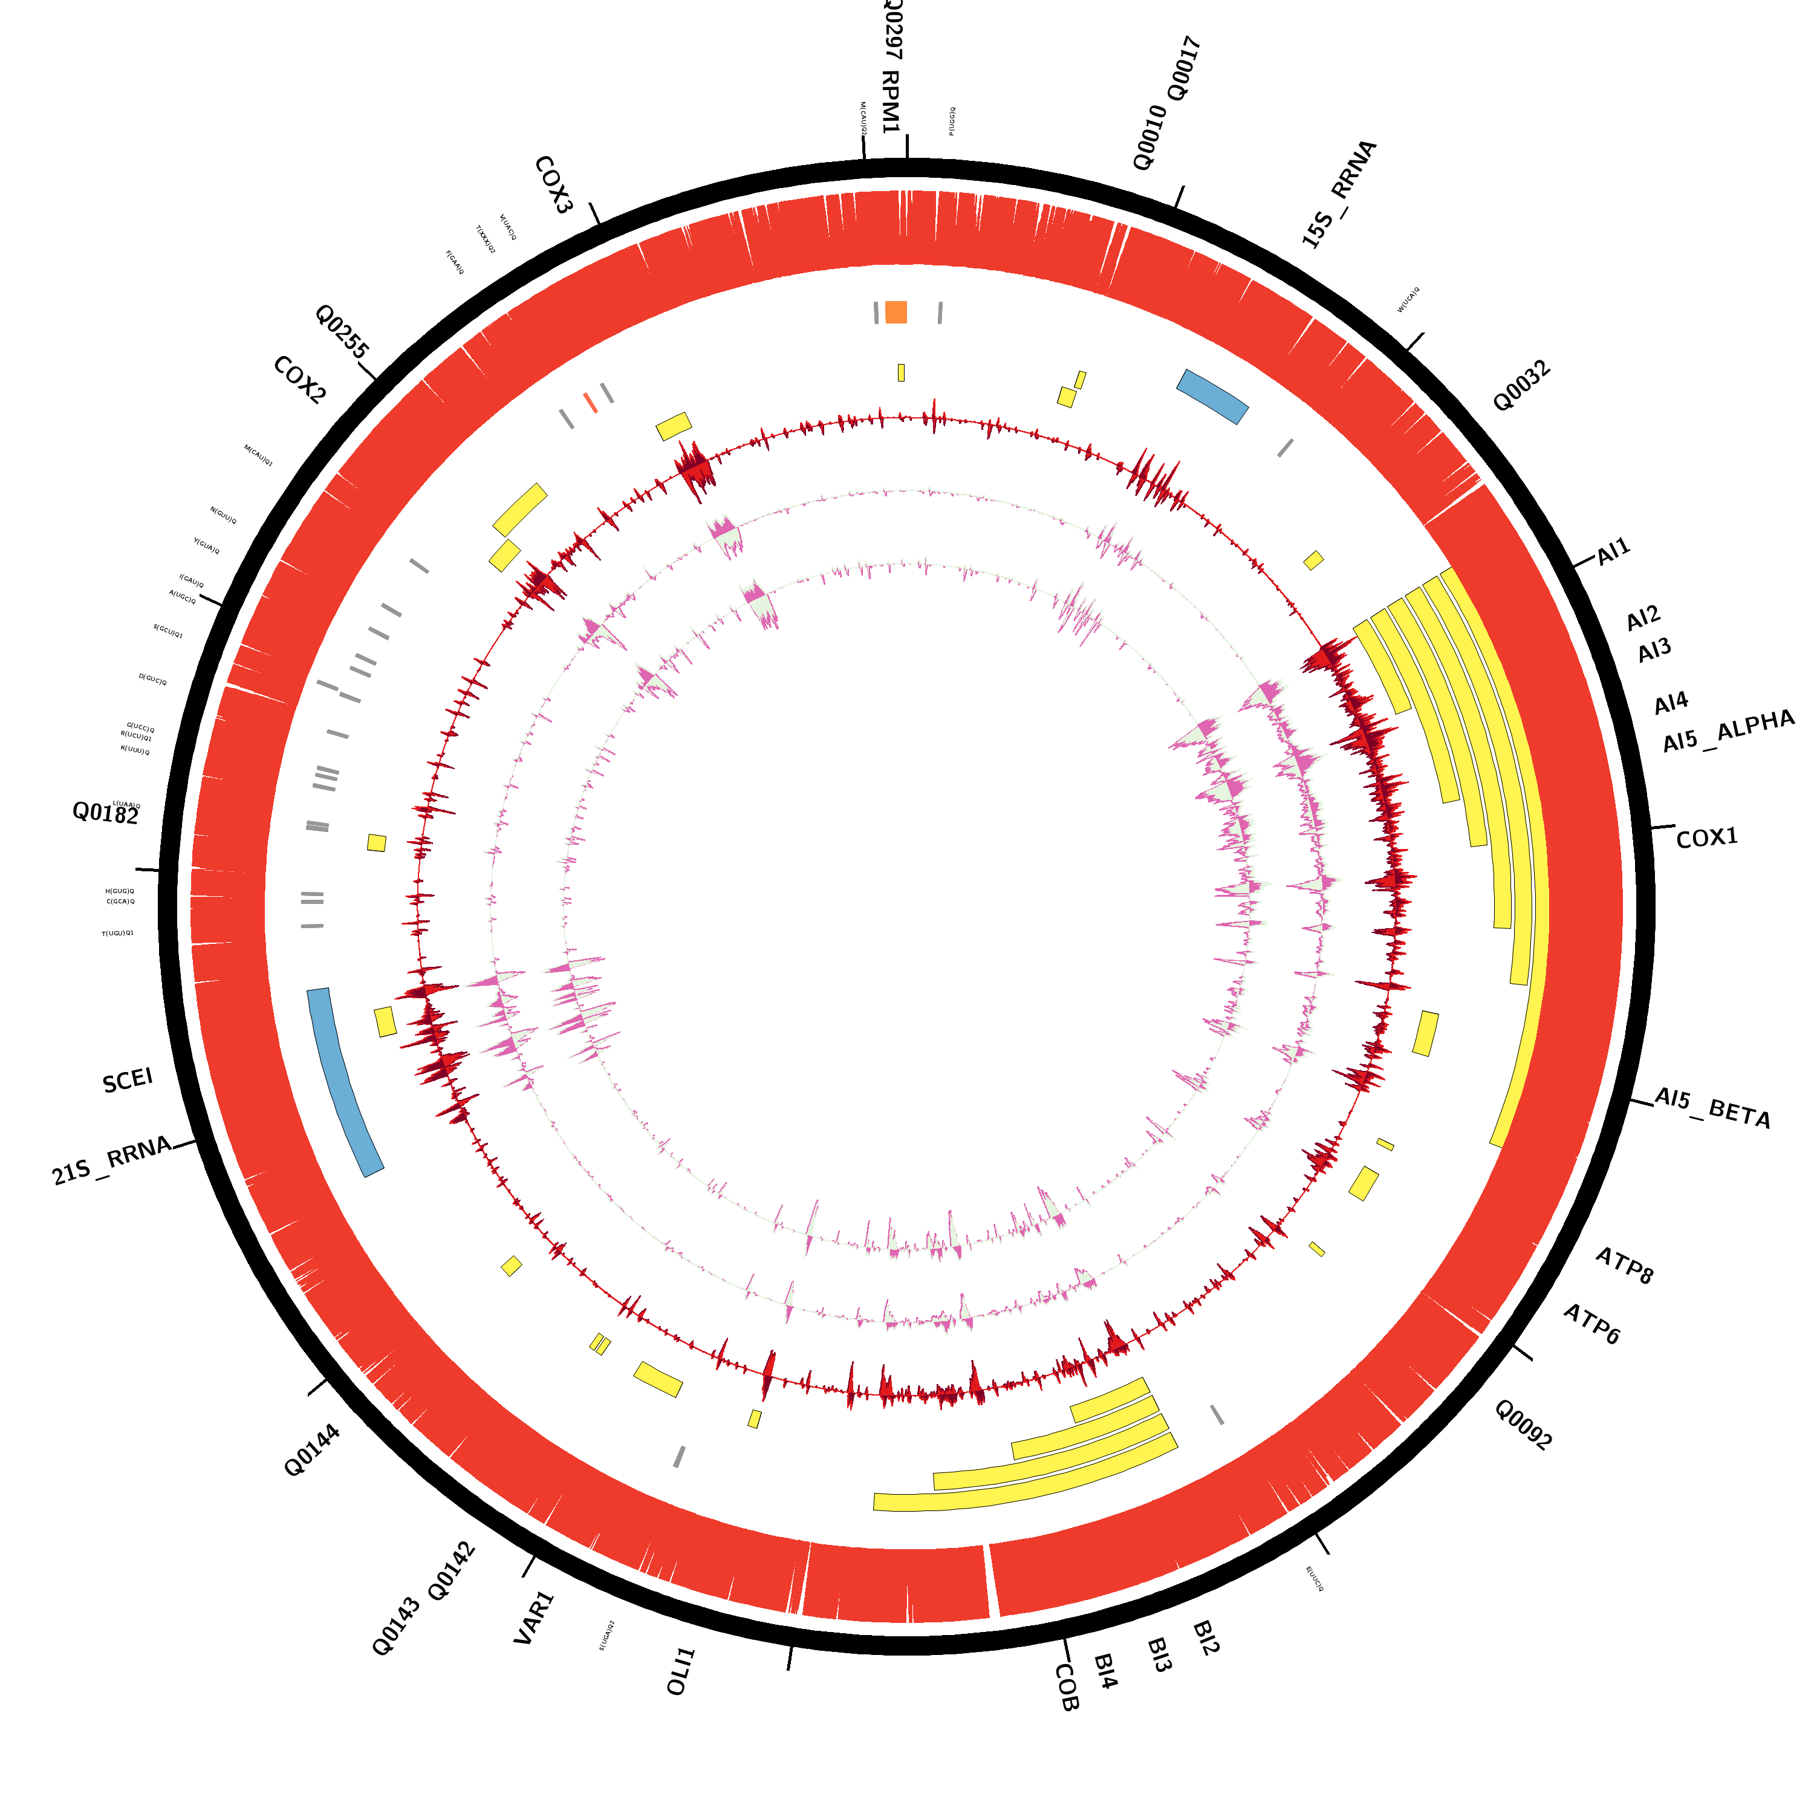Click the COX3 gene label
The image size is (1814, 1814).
coord(553,185)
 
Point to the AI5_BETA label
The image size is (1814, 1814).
coord(1712,1108)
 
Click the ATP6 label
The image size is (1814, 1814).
coord(1591,1324)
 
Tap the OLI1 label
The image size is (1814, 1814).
coord(681,1671)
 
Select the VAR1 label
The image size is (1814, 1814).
coord(535,1617)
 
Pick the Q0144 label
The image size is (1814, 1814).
coord(312,1451)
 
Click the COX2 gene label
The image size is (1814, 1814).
coord(299,380)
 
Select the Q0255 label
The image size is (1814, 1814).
coord(342,331)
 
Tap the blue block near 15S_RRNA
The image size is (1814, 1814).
coord(1212,396)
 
